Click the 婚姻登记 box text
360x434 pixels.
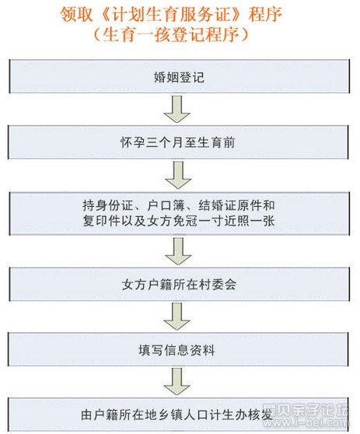pyautogui.click(x=179, y=77)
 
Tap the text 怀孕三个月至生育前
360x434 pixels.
pyautogui.click(x=178, y=143)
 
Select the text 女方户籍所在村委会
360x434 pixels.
pyautogui.click(x=179, y=285)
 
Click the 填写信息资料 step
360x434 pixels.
pyautogui.click(x=177, y=350)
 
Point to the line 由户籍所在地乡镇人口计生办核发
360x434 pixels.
pyautogui.click(x=177, y=415)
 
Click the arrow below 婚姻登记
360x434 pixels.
pyautogui.click(x=177, y=109)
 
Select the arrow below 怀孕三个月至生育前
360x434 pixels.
pyautogui.click(x=178, y=175)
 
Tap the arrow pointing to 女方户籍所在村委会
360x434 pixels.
pyautogui.click(x=178, y=251)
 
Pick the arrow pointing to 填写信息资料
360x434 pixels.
pyautogui.click(x=177, y=316)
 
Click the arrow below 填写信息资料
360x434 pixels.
pyautogui.click(x=177, y=381)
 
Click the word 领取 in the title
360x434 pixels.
pyautogui.click(x=76, y=15)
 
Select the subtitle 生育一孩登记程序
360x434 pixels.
pyautogui.click(x=171, y=34)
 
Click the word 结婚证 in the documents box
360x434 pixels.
pyautogui.click(x=217, y=205)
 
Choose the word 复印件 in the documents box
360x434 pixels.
pyautogui.click(x=102, y=221)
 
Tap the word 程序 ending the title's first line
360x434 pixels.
pyautogui.click(x=265, y=15)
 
